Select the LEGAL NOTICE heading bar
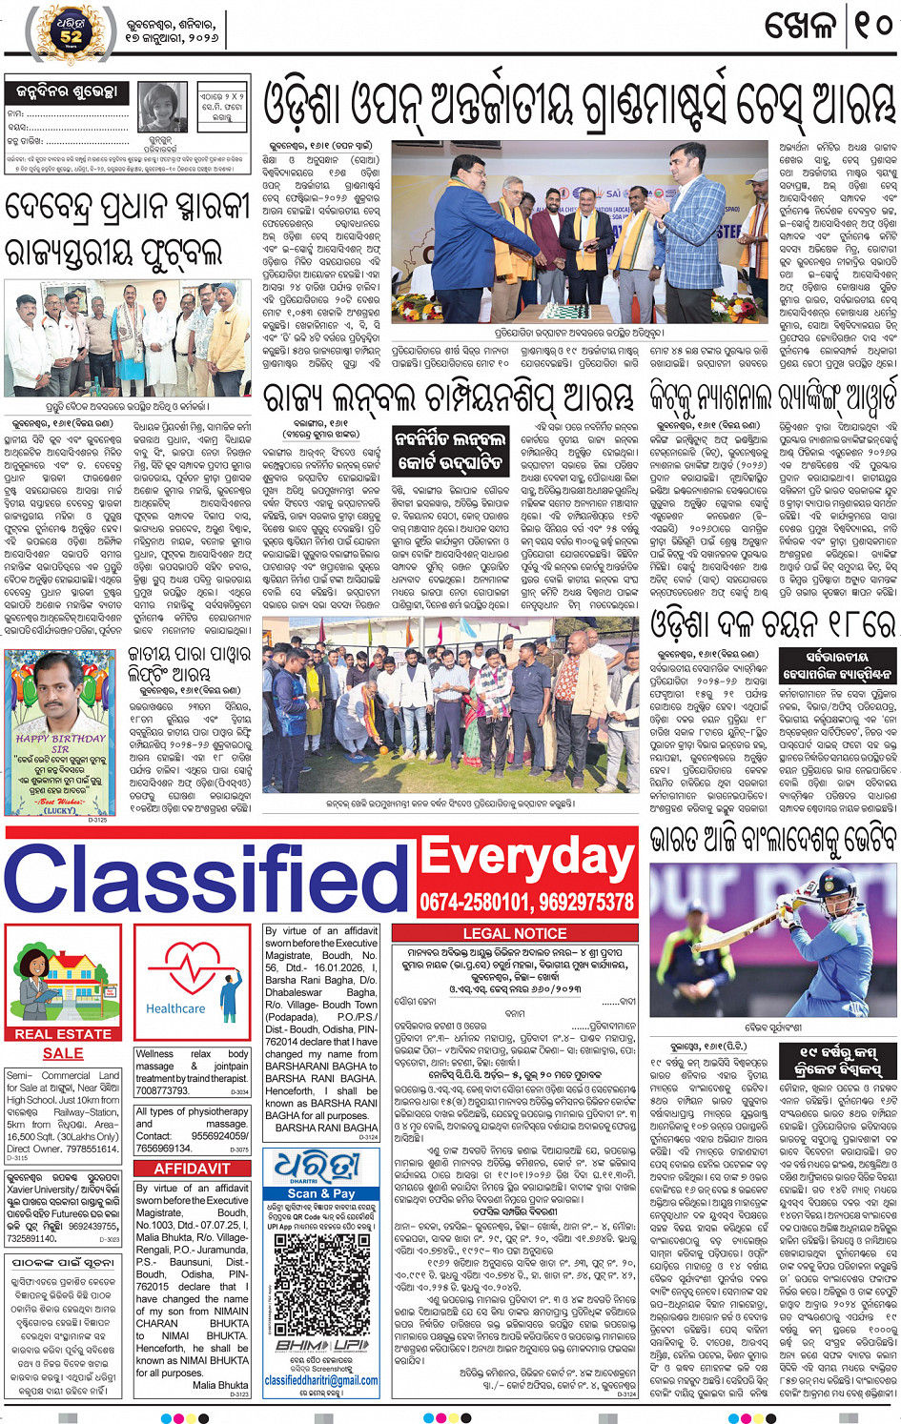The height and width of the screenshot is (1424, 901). pos(514,933)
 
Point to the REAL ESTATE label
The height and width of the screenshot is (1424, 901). pos(63,1033)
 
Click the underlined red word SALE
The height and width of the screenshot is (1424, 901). pos(63,1053)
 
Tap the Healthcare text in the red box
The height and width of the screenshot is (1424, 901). pos(175,1007)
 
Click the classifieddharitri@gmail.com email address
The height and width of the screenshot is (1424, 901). pos(321,1379)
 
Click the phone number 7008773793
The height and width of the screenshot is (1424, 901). pos(162,1090)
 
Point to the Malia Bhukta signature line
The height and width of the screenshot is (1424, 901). pos(220,1385)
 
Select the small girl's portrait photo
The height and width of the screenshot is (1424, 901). pos(162,107)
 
